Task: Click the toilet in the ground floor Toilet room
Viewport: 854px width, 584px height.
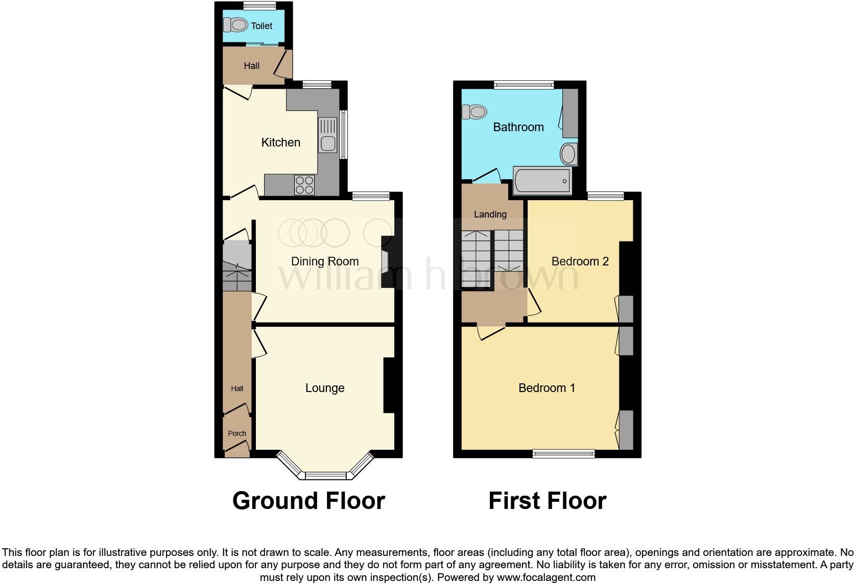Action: tap(236, 25)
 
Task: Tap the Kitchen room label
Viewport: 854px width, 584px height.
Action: tap(280, 142)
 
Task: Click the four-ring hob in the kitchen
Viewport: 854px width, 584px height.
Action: tap(304, 185)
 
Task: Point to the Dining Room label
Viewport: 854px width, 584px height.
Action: tap(325, 261)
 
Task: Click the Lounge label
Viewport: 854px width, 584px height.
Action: tap(325, 388)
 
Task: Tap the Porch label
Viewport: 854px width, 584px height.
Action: tap(237, 433)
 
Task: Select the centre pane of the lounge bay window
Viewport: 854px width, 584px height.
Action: tap(326, 476)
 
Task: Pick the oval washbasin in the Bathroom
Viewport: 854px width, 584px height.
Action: tap(568, 154)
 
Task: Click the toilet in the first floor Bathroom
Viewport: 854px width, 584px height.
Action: tap(474, 111)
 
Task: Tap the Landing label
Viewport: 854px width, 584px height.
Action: tap(490, 214)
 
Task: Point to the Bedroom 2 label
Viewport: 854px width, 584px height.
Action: tap(580, 261)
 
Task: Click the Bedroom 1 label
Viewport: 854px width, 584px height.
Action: tap(547, 388)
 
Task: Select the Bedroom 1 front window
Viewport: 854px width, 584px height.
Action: tap(563, 453)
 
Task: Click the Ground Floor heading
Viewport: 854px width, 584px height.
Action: tap(309, 501)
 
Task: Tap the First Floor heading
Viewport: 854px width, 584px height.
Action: tap(547, 501)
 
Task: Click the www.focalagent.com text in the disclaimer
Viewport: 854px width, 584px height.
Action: tap(546, 577)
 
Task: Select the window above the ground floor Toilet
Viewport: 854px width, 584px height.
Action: tap(259, 6)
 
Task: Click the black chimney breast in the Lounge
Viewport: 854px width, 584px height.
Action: tap(389, 385)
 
